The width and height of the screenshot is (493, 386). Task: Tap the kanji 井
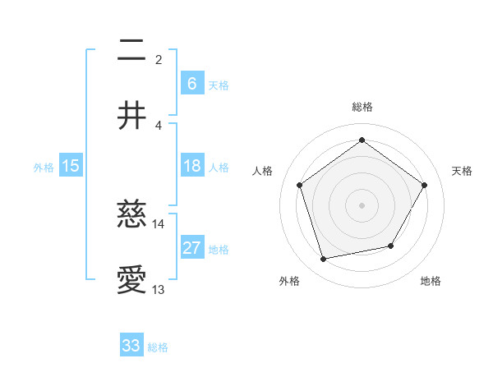pyautogui.click(x=132, y=116)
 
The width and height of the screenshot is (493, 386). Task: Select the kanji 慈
pyautogui.click(x=132, y=216)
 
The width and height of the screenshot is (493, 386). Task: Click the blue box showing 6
pyautogui.click(x=191, y=84)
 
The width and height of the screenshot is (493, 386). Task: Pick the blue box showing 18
pyautogui.click(x=191, y=166)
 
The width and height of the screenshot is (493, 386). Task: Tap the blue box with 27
pyautogui.click(x=191, y=248)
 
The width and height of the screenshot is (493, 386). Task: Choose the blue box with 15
pyautogui.click(x=71, y=166)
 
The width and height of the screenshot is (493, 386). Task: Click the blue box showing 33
pyautogui.click(x=131, y=346)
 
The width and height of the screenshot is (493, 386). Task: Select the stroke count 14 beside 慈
pyautogui.click(x=159, y=223)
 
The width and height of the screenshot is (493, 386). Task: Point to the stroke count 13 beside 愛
pyautogui.click(x=159, y=289)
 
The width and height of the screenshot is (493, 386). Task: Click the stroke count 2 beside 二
pyautogui.click(x=159, y=60)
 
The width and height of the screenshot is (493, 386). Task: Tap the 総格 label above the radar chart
pyautogui.click(x=362, y=107)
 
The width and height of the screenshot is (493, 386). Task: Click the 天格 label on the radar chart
pyautogui.click(x=463, y=171)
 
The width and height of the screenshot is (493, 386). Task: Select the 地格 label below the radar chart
pyautogui.click(x=431, y=281)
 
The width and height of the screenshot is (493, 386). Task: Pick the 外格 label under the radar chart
pyautogui.click(x=289, y=281)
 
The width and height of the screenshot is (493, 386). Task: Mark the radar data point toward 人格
pyautogui.click(x=299, y=185)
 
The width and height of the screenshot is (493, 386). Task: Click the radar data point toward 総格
pyautogui.click(x=362, y=140)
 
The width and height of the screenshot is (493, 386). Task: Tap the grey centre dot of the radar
pyautogui.click(x=362, y=204)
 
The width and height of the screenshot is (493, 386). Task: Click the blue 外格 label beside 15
pyautogui.click(x=44, y=167)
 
